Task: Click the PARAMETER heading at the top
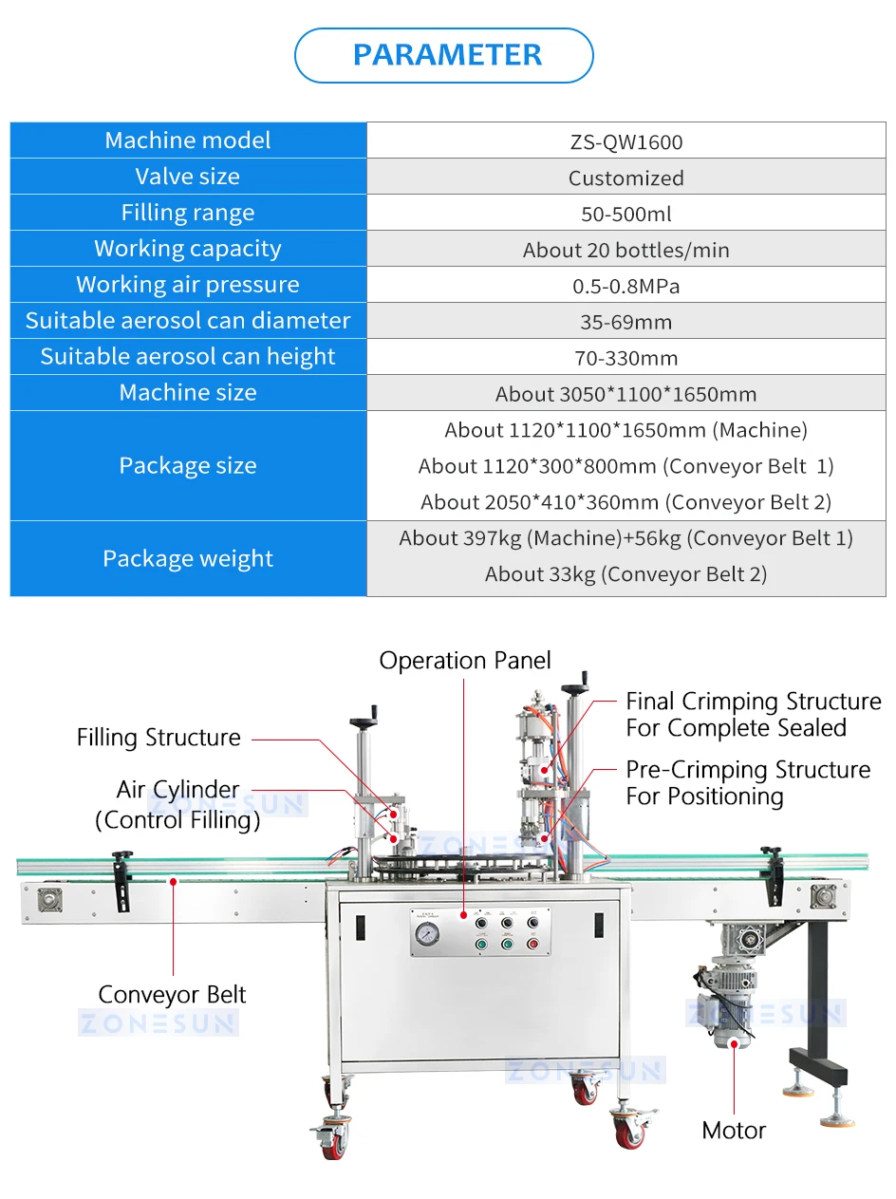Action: pyautogui.click(x=447, y=55)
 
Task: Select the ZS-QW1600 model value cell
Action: pyautogui.click(x=625, y=142)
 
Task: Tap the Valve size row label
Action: pyautogui.click(x=188, y=177)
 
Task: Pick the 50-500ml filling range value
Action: pyautogui.click(x=625, y=215)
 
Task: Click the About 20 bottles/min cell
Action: pyautogui.click(x=625, y=251)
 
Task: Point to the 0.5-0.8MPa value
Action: pyautogui.click(x=625, y=287)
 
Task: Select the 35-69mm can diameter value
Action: pyautogui.click(x=625, y=323)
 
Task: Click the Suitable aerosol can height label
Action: pyautogui.click(x=188, y=357)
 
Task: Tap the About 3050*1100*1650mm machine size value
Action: pyautogui.click(x=625, y=395)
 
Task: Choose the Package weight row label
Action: pyautogui.click(x=188, y=559)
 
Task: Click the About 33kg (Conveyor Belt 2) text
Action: pyautogui.click(x=625, y=574)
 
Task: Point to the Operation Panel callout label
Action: pyautogui.click(x=465, y=661)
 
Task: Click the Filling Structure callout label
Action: pyautogui.click(x=159, y=738)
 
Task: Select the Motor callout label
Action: pyautogui.click(x=734, y=1131)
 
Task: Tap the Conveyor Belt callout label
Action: pyautogui.click(x=172, y=995)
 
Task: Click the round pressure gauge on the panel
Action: pyautogui.click(x=428, y=935)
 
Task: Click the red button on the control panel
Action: pyautogui.click(x=532, y=944)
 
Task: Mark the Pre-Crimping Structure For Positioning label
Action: pyautogui.click(x=748, y=783)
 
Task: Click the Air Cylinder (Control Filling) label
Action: pyautogui.click(x=177, y=805)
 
